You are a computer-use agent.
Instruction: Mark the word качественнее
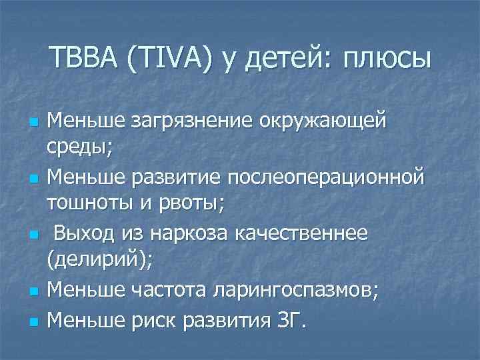coord(310,233)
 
